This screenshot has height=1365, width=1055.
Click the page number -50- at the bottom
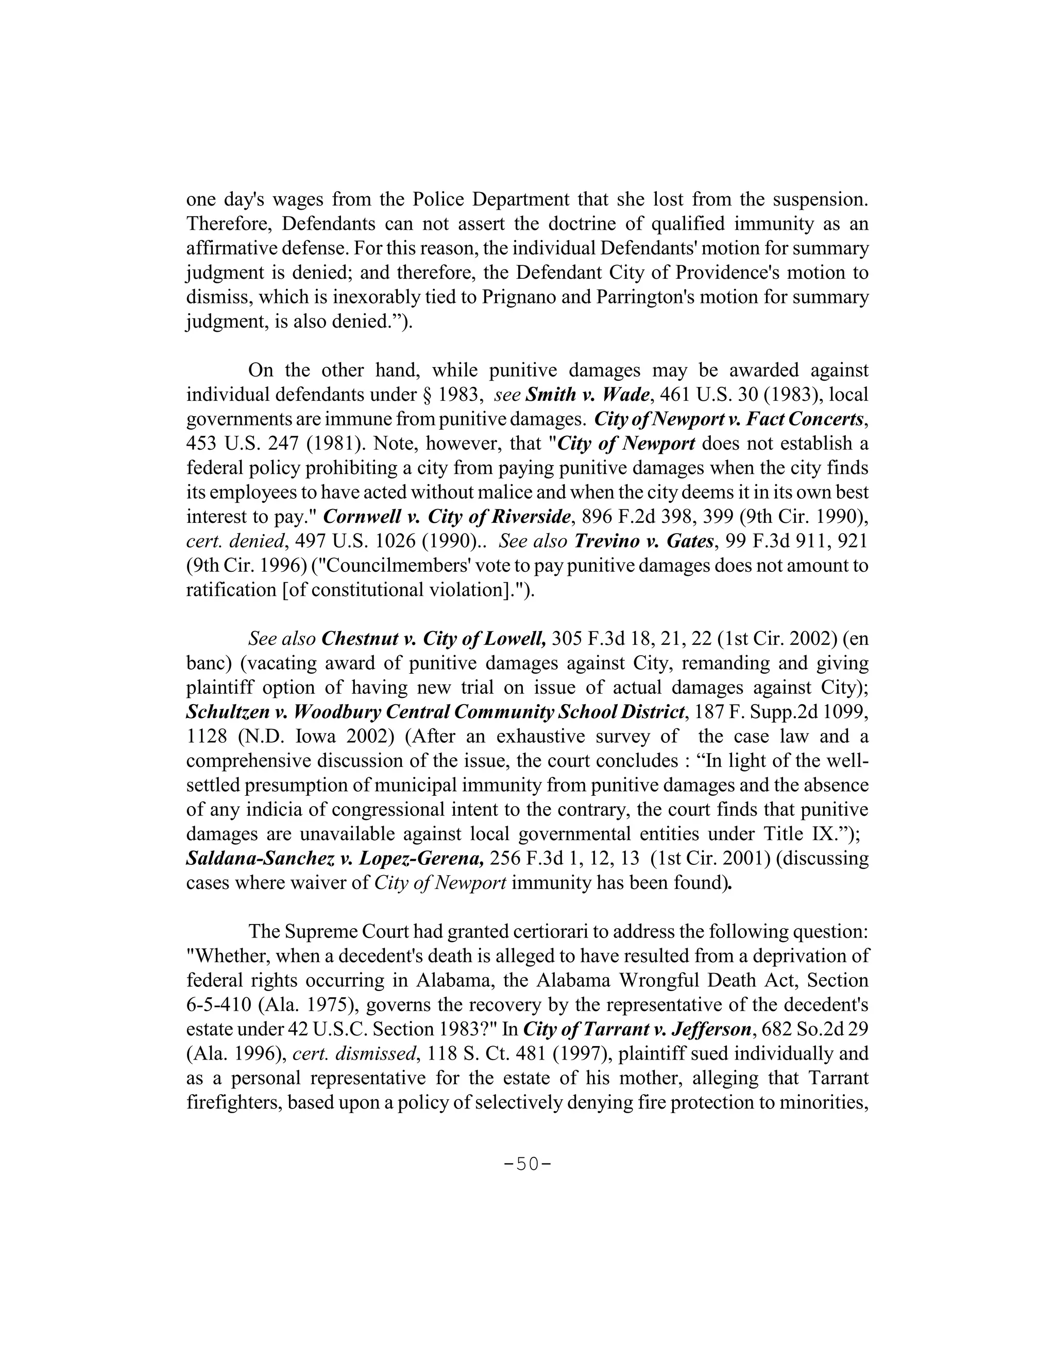click(x=527, y=1165)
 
